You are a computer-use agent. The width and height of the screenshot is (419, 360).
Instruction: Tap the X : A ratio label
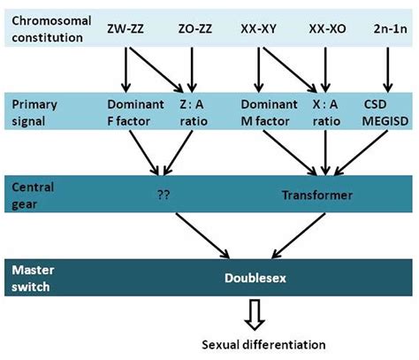pos(329,111)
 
